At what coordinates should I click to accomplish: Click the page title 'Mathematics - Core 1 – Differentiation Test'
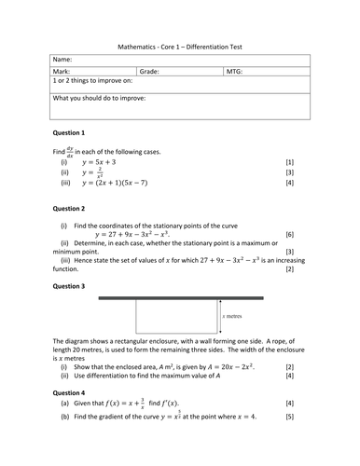[x=179, y=45]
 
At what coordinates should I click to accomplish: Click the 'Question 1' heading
[x=70, y=133]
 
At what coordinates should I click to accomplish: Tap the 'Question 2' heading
[x=70, y=209]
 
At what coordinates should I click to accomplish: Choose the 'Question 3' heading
[x=70, y=286]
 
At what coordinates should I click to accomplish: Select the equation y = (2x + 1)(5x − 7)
[x=122, y=184]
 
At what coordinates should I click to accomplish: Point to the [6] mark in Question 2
[x=290, y=235]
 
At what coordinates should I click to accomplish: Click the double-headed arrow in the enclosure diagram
[x=219, y=317]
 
